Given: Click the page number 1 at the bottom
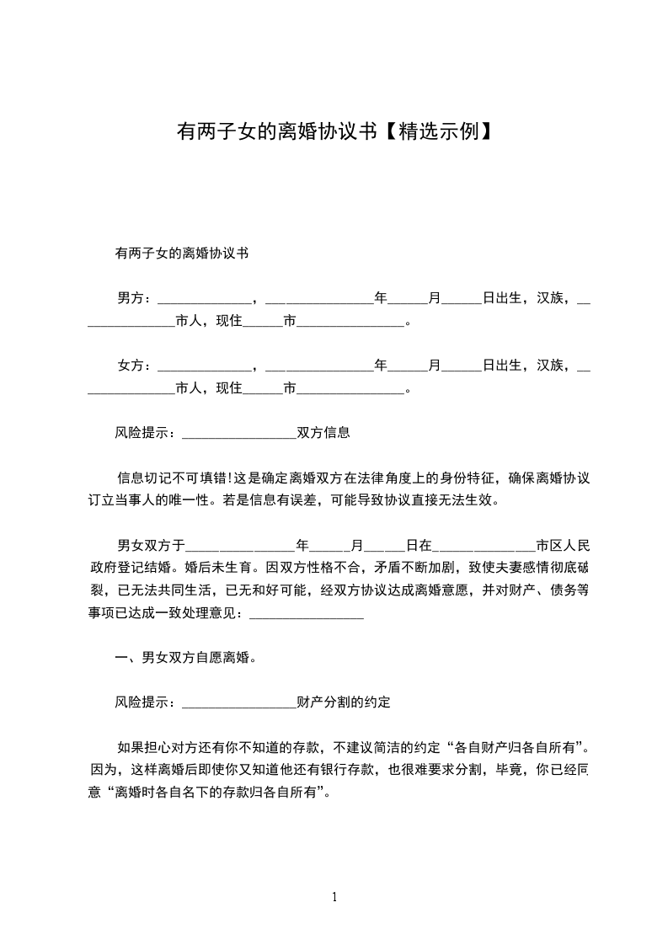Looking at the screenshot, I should click(334, 897).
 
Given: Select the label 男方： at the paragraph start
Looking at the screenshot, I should click(135, 298).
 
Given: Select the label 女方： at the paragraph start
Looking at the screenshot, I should click(135, 366).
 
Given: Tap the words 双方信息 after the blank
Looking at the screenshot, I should click(323, 433).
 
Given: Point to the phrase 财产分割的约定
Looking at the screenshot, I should click(344, 701).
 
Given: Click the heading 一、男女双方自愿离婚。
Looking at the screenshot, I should click(185, 657).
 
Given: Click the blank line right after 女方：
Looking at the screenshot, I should click(204, 367).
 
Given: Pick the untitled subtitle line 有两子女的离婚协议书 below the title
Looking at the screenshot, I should click(180, 253).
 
